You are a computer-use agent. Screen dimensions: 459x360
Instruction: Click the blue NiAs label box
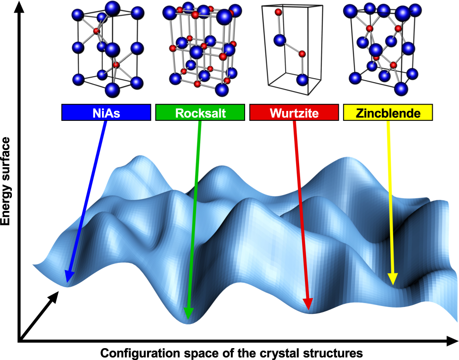[x=105, y=113]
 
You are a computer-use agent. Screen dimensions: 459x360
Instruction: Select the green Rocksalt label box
[x=200, y=113]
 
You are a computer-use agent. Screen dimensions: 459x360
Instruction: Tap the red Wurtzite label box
[x=294, y=113]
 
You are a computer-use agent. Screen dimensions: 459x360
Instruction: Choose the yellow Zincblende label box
[x=388, y=113]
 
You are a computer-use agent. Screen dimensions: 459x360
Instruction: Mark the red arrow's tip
[x=308, y=311]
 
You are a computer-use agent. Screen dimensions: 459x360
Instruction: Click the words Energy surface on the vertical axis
[x=6, y=182]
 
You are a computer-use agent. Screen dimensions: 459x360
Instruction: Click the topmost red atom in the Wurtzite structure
[x=279, y=12]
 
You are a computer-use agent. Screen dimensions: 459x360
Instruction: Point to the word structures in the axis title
[x=330, y=354]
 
